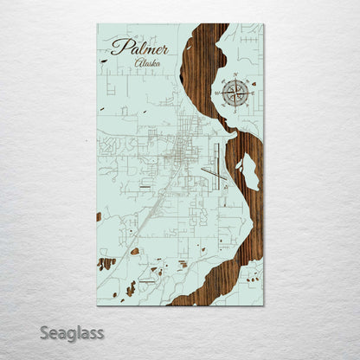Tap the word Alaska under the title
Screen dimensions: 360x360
(148, 64)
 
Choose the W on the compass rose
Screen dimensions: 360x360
(217, 92)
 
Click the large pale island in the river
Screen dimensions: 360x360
(249, 170)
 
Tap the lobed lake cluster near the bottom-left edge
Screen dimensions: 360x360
(106, 263)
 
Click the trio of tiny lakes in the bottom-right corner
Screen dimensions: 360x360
(254, 278)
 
